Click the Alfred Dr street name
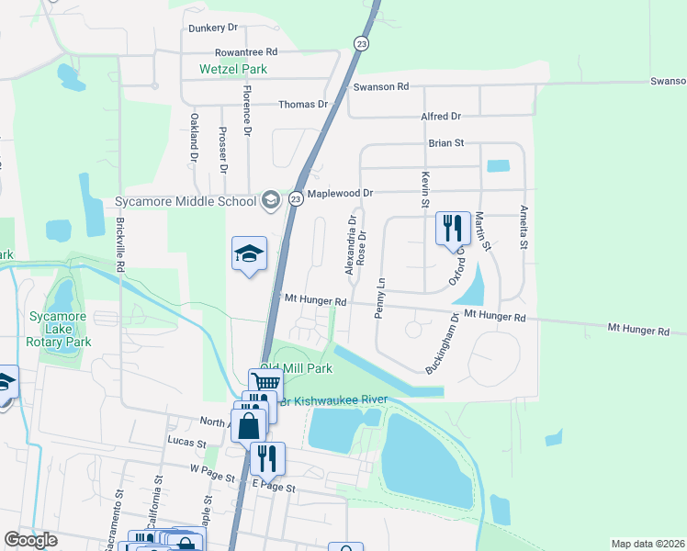point(441,117)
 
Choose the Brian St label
point(447,143)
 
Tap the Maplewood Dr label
point(340,194)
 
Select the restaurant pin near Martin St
point(452,228)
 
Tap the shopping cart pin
point(265,382)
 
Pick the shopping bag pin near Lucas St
point(249,424)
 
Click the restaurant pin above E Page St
point(267,456)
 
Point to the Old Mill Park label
point(296,368)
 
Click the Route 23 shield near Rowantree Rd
point(361,43)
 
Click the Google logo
point(31,540)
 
